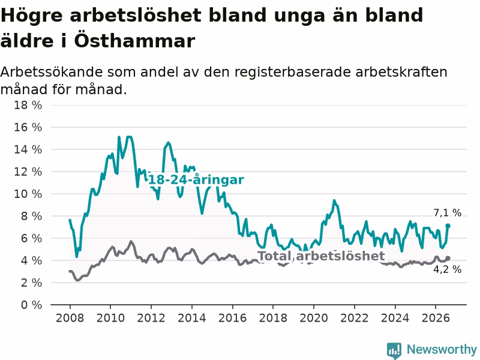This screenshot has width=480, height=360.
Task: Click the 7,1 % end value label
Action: click(447, 212)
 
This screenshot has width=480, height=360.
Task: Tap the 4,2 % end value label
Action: click(447, 269)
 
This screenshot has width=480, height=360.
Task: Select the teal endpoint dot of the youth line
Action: click(448, 226)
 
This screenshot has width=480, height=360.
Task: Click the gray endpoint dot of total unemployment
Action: click(448, 259)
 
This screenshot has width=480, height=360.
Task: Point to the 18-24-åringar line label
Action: click(196, 179)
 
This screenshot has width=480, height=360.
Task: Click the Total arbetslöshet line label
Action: click(321, 256)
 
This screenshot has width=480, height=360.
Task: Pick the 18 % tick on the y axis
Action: click(28, 105)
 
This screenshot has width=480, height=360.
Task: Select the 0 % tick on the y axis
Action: click(31, 305)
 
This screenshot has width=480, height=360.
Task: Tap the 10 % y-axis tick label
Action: click(28, 194)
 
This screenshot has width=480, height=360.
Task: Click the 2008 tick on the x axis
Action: click(70, 318)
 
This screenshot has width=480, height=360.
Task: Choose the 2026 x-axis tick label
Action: click(436, 318)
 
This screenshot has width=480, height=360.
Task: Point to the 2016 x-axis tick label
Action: click(232, 318)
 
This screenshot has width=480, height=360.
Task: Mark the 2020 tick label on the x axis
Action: click(314, 318)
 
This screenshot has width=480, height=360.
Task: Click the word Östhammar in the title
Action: click(134, 40)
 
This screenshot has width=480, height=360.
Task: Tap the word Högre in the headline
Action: click(32, 16)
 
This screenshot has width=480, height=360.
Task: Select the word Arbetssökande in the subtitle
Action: click(52, 72)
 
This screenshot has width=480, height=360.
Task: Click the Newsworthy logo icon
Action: click(394, 350)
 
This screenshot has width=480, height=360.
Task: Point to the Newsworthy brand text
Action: click(442, 349)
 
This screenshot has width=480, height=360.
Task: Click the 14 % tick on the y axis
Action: click(28, 149)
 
